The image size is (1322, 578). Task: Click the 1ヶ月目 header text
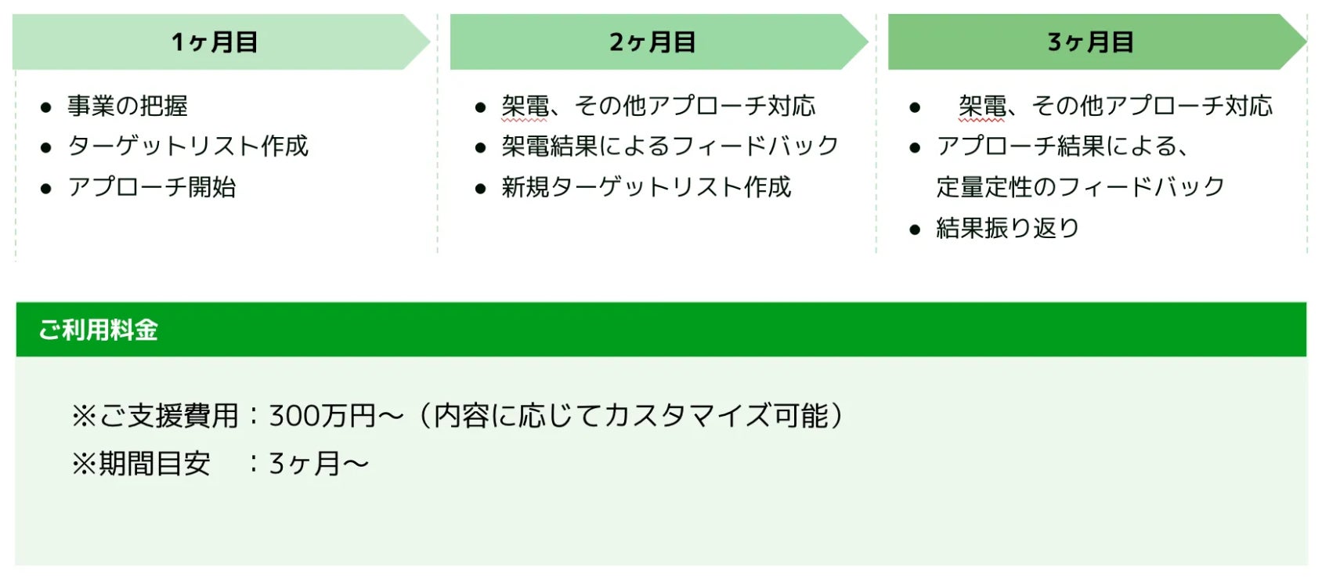(214, 42)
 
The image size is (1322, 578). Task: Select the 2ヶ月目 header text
(652, 42)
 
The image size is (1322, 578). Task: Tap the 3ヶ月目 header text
(1090, 42)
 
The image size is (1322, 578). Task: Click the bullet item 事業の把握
(128, 106)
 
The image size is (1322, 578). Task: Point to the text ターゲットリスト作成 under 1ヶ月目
(188, 146)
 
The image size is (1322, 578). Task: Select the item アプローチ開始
(152, 187)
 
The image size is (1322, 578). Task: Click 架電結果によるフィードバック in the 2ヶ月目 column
(670, 146)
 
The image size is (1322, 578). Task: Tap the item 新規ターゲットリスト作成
(646, 187)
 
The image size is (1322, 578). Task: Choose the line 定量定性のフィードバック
(1080, 187)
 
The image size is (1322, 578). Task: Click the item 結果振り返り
(1008, 228)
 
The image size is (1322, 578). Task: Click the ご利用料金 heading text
(99, 330)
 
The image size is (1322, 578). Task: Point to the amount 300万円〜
(336, 415)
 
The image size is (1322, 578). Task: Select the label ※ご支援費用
(154, 415)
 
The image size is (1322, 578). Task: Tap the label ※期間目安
(141, 464)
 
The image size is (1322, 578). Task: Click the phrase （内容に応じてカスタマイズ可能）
(631, 415)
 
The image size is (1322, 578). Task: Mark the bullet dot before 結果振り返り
(915, 229)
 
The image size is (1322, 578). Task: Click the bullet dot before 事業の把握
(46, 107)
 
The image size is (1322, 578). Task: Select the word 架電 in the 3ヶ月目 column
(982, 106)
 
